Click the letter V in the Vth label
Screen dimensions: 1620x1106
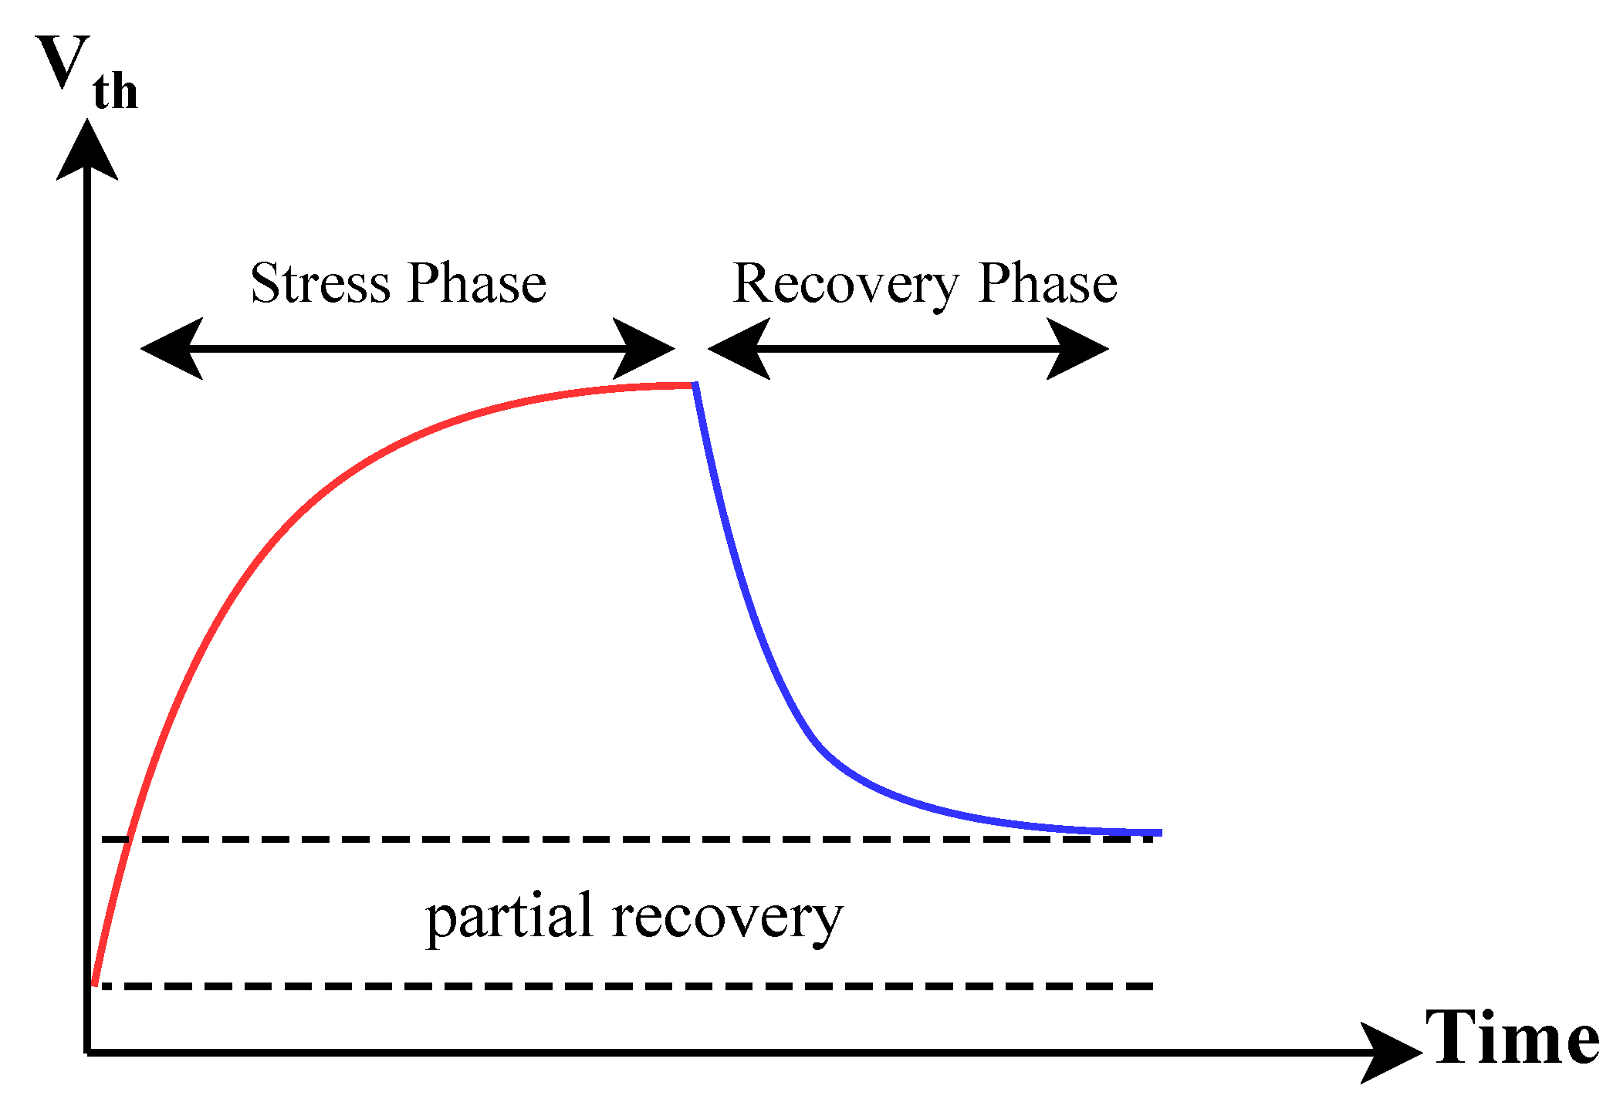tap(63, 62)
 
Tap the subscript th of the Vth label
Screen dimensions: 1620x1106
tap(116, 92)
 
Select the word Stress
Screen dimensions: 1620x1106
tap(321, 282)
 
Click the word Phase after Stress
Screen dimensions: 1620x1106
tap(477, 282)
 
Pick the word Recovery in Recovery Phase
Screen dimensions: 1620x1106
tap(846, 286)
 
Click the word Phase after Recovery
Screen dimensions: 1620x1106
tap(1047, 282)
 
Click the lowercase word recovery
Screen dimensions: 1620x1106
tap(728, 921)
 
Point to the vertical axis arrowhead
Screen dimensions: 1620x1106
tap(87, 149)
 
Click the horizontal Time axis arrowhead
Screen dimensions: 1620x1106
tap(1391, 1052)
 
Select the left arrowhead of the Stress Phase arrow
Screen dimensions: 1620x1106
tap(171, 349)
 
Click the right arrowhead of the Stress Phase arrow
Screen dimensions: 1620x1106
tap(644, 349)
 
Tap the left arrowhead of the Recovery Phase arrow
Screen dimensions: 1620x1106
tap(739, 349)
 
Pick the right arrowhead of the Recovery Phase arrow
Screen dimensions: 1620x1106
tap(1078, 349)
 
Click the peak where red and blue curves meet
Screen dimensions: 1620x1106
tap(695, 384)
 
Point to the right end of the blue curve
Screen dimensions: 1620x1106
tap(1161, 833)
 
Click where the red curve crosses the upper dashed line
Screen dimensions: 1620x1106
tap(130, 839)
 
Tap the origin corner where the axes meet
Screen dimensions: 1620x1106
tap(87, 1052)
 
